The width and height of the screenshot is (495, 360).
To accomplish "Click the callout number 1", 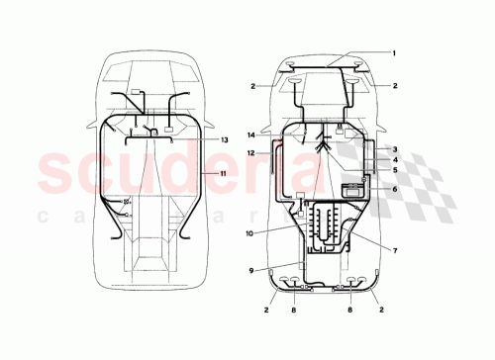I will (393, 52).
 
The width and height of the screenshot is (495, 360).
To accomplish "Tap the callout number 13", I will (225, 140).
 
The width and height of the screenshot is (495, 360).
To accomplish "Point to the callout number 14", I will (252, 134).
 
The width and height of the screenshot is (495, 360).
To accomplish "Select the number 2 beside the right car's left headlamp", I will (253, 86).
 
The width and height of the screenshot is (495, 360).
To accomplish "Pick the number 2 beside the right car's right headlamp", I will (393, 86).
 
